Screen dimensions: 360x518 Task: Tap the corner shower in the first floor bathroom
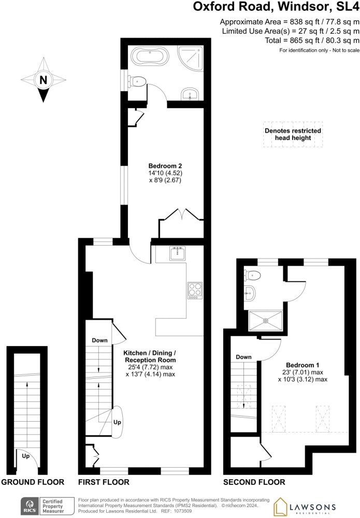point(190,59)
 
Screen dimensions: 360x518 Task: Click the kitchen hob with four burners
point(195,291)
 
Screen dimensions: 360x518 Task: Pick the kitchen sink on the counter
point(178,253)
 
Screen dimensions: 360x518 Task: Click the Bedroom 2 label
point(165,166)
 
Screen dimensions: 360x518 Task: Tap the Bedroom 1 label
point(303,365)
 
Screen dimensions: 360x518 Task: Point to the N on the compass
point(44,80)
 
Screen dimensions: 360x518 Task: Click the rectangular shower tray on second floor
point(266,320)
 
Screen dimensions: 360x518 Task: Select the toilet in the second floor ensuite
point(253,275)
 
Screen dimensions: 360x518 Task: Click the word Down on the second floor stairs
point(244,357)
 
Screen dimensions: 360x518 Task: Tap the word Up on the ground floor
point(26,456)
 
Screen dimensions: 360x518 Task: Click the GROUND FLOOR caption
point(33,482)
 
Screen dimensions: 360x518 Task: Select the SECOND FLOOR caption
point(254,482)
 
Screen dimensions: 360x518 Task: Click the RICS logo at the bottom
point(28,506)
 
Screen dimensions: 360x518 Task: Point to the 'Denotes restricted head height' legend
point(293,134)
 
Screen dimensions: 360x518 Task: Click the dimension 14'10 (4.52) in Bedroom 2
point(165,173)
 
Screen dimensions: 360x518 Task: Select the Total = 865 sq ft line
point(312,40)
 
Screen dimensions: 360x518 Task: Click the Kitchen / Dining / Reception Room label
point(150,356)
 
